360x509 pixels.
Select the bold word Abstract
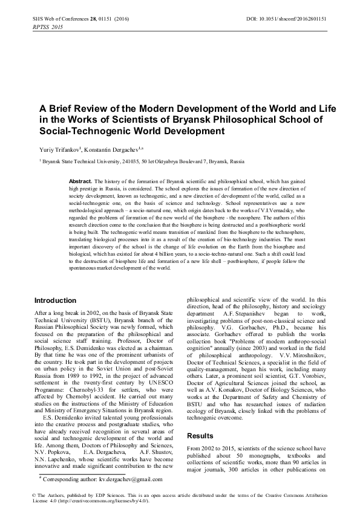(80, 181)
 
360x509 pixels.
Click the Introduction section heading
(55, 300)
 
